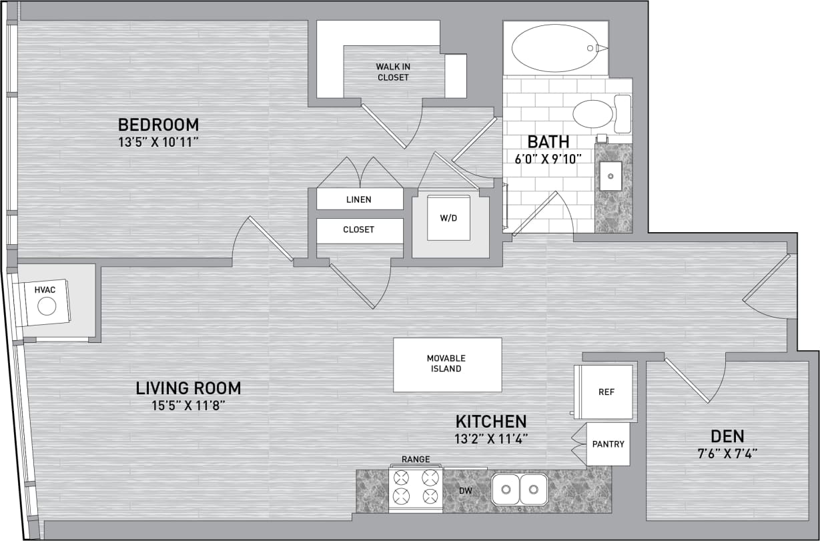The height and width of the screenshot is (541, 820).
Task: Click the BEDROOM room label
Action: click(158, 125)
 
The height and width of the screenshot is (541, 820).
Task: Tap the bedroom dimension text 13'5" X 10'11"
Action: click(158, 141)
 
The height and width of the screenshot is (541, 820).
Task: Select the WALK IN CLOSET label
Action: click(392, 72)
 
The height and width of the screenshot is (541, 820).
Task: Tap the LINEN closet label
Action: click(359, 199)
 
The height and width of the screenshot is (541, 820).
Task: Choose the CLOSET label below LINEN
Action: click(359, 229)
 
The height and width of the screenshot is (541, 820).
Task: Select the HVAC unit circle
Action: click(47, 306)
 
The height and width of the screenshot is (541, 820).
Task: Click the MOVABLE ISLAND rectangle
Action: click(446, 364)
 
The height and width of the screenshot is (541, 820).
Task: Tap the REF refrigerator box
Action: click(606, 392)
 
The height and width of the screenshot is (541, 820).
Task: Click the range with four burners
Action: click(416, 487)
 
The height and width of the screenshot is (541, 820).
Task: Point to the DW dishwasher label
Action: click(465, 491)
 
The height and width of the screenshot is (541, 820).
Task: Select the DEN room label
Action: click(727, 436)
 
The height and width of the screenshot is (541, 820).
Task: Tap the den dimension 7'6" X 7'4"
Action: click(727, 452)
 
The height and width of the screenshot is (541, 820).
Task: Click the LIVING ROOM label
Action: click(188, 388)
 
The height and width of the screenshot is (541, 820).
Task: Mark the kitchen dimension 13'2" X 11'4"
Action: click(491, 438)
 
